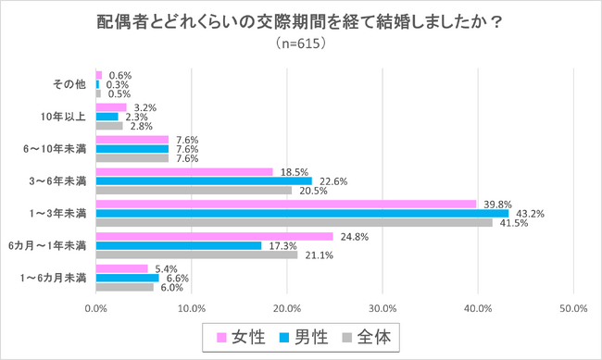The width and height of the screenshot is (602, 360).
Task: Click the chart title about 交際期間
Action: [x=300, y=20]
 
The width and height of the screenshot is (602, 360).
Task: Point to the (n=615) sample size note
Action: [x=300, y=43]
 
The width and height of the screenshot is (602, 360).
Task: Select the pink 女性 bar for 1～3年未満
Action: [x=286, y=204]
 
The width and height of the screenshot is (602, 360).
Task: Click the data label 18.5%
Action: [x=292, y=172]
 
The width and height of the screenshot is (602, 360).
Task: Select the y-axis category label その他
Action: [x=70, y=84]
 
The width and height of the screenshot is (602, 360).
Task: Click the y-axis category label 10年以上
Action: [x=65, y=117]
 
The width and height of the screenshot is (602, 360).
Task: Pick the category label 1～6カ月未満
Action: [x=58, y=278]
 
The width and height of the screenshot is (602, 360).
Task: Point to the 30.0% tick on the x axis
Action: [x=383, y=308]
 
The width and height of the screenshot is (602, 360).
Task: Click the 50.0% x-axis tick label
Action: [x=573, y=308]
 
